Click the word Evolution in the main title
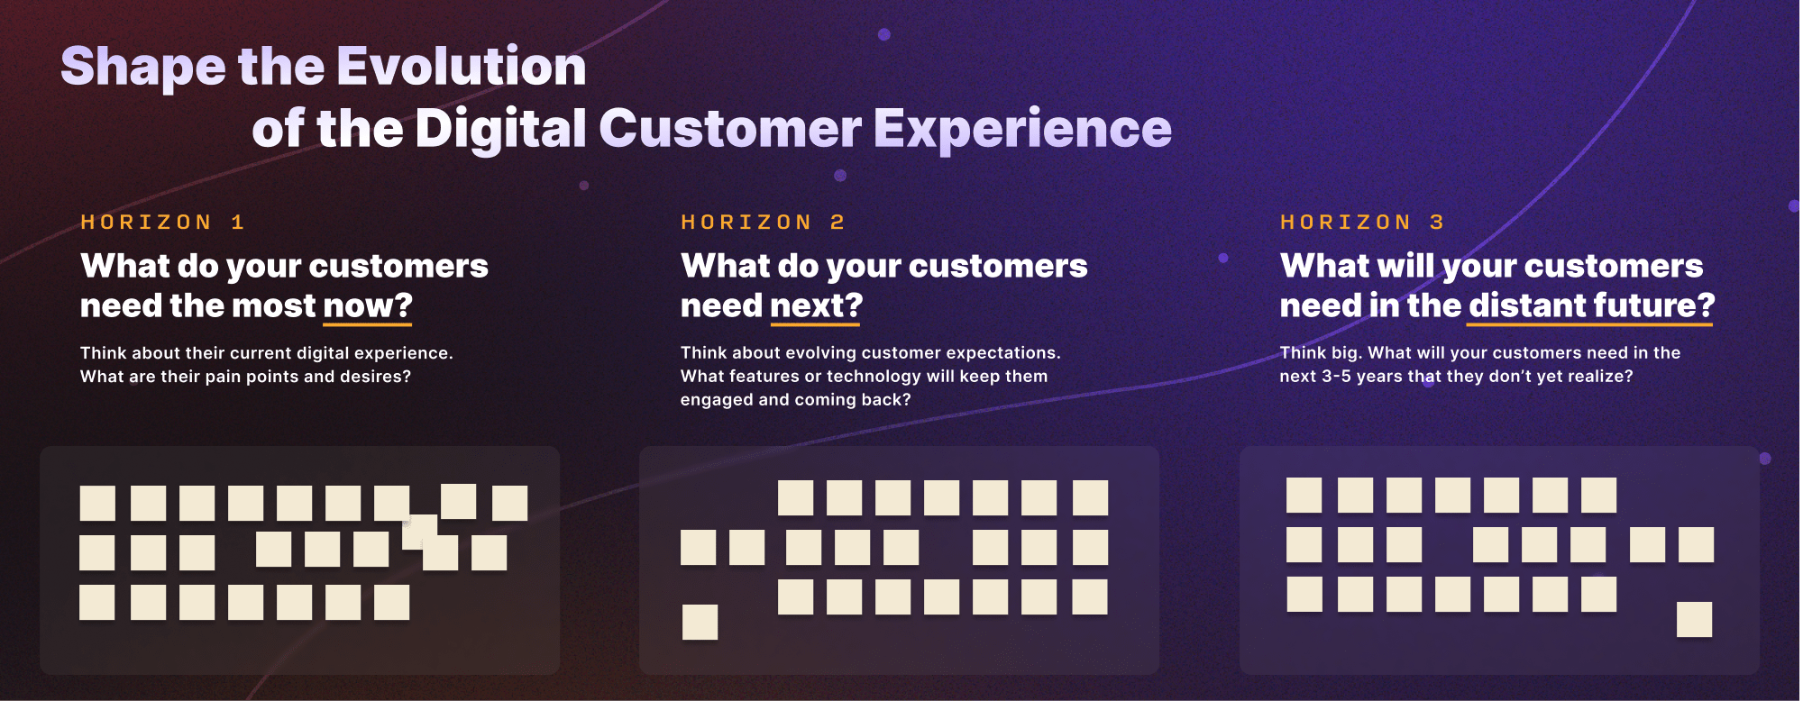coord(462,67)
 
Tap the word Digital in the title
coord(501,129)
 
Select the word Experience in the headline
coord(1022,129)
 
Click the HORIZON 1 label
coord(162,223)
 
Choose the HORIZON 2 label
coord(763,223)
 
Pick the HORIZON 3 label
coord(1362,223)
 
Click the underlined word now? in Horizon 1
coord(368,306)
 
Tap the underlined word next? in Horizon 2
coord(817,306)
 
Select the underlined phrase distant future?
coord(1591,305)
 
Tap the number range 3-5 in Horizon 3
coord(1336,377)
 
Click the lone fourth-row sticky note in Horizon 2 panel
coord(700,623)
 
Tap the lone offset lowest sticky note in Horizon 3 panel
coord(1695,620)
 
